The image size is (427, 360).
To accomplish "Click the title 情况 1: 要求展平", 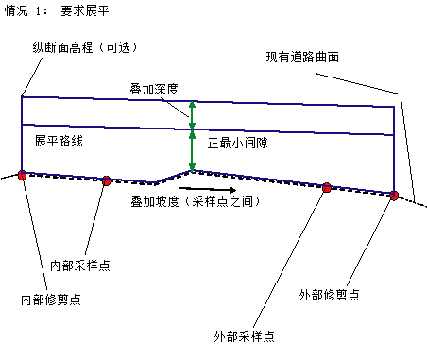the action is pos(57,10).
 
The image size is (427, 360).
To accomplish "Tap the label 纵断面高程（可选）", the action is pos(85,47).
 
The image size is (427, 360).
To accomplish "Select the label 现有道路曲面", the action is pos(302,57).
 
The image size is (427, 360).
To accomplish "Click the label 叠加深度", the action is pos(154,89).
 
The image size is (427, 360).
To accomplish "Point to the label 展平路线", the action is pos(59,141).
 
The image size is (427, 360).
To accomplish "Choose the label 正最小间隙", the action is pos(238,143).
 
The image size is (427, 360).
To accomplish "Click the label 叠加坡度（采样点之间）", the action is pos(196,201).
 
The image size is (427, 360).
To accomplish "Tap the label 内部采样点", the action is pos(80,266).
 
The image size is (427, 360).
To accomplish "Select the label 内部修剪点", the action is pos(51,300).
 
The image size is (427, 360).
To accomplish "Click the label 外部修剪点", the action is pos(329,295).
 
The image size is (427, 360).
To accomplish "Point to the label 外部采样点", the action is pos(244,336).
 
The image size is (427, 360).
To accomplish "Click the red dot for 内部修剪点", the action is pos(22,175).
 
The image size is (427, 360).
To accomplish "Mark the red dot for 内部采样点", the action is pos(107,180).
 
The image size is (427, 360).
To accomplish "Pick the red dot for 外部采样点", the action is pos(327,187).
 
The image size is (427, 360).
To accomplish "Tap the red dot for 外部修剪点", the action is pos(394,196).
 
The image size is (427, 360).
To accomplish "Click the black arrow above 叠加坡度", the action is pos(207,189).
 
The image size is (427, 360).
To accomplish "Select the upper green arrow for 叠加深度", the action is pos(192,115).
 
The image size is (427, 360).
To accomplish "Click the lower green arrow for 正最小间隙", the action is pos(192,151).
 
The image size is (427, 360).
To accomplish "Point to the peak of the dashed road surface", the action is pos(193,171).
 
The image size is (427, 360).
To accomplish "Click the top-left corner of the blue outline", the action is pos(22,96).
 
